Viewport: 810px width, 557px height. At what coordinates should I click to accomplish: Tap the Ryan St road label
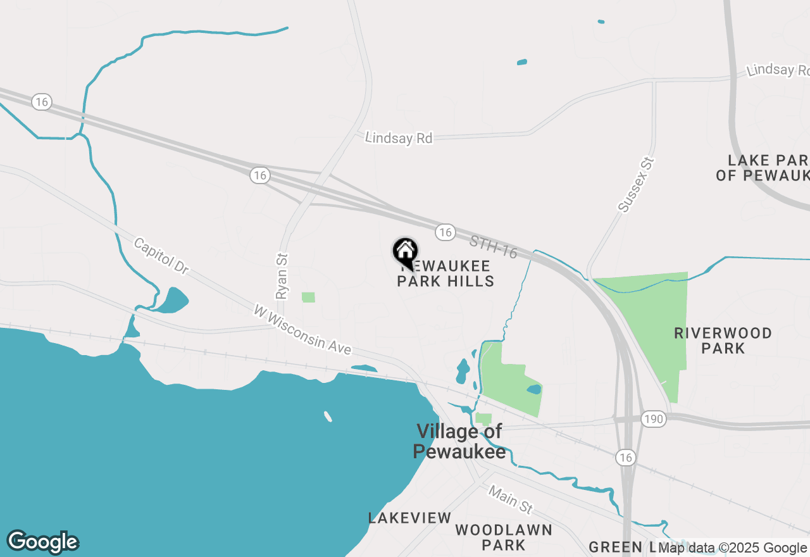(x=282, y=276)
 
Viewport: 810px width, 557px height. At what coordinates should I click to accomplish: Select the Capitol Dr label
(x=161, y=256)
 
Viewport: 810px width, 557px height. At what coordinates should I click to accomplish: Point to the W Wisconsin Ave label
(x=302, y=329)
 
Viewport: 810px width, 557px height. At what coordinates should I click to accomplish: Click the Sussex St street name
(x=635, y=185)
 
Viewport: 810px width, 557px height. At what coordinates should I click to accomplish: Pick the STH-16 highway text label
(x=494, y=247)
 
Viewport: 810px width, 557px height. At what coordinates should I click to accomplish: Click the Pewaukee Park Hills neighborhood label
(x=445, y=273)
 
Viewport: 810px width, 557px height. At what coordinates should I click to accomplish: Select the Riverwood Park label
(x=723, y=341)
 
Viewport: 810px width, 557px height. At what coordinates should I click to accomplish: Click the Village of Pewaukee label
(x=459, y=441)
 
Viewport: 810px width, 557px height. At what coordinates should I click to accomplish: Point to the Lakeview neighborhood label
(x=410, y=518)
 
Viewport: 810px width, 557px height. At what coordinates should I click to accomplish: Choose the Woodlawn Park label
(x=503, y=537)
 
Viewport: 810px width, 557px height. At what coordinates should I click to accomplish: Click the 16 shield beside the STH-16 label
(x=445, y=232)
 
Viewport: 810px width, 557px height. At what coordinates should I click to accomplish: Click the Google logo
(x=42, y=542)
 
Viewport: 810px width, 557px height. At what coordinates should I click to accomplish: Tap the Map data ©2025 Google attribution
(x=732, y=548)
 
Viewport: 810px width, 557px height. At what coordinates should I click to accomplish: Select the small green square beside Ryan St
(x=308, y=297)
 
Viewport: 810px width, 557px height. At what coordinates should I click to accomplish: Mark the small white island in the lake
(x=328, y=416)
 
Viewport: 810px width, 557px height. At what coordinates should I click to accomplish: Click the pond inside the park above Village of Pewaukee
(x=534, y=389)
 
